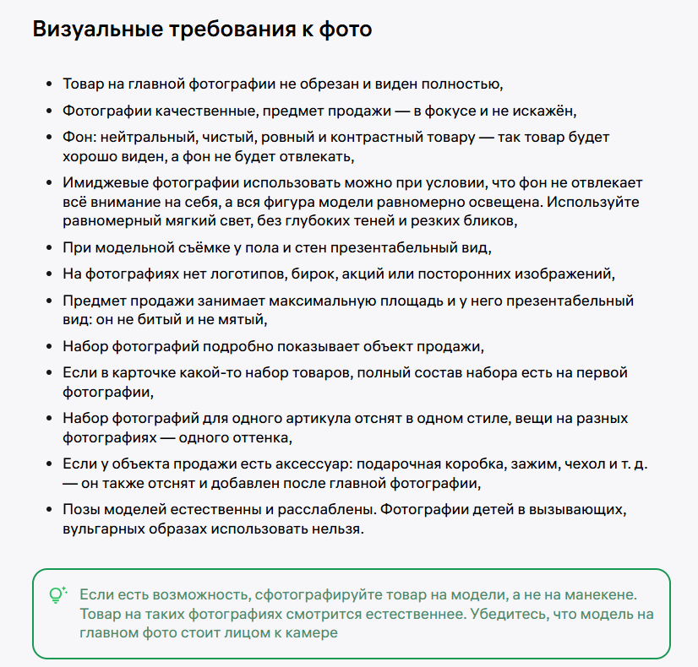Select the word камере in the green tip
tap(309, 633)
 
